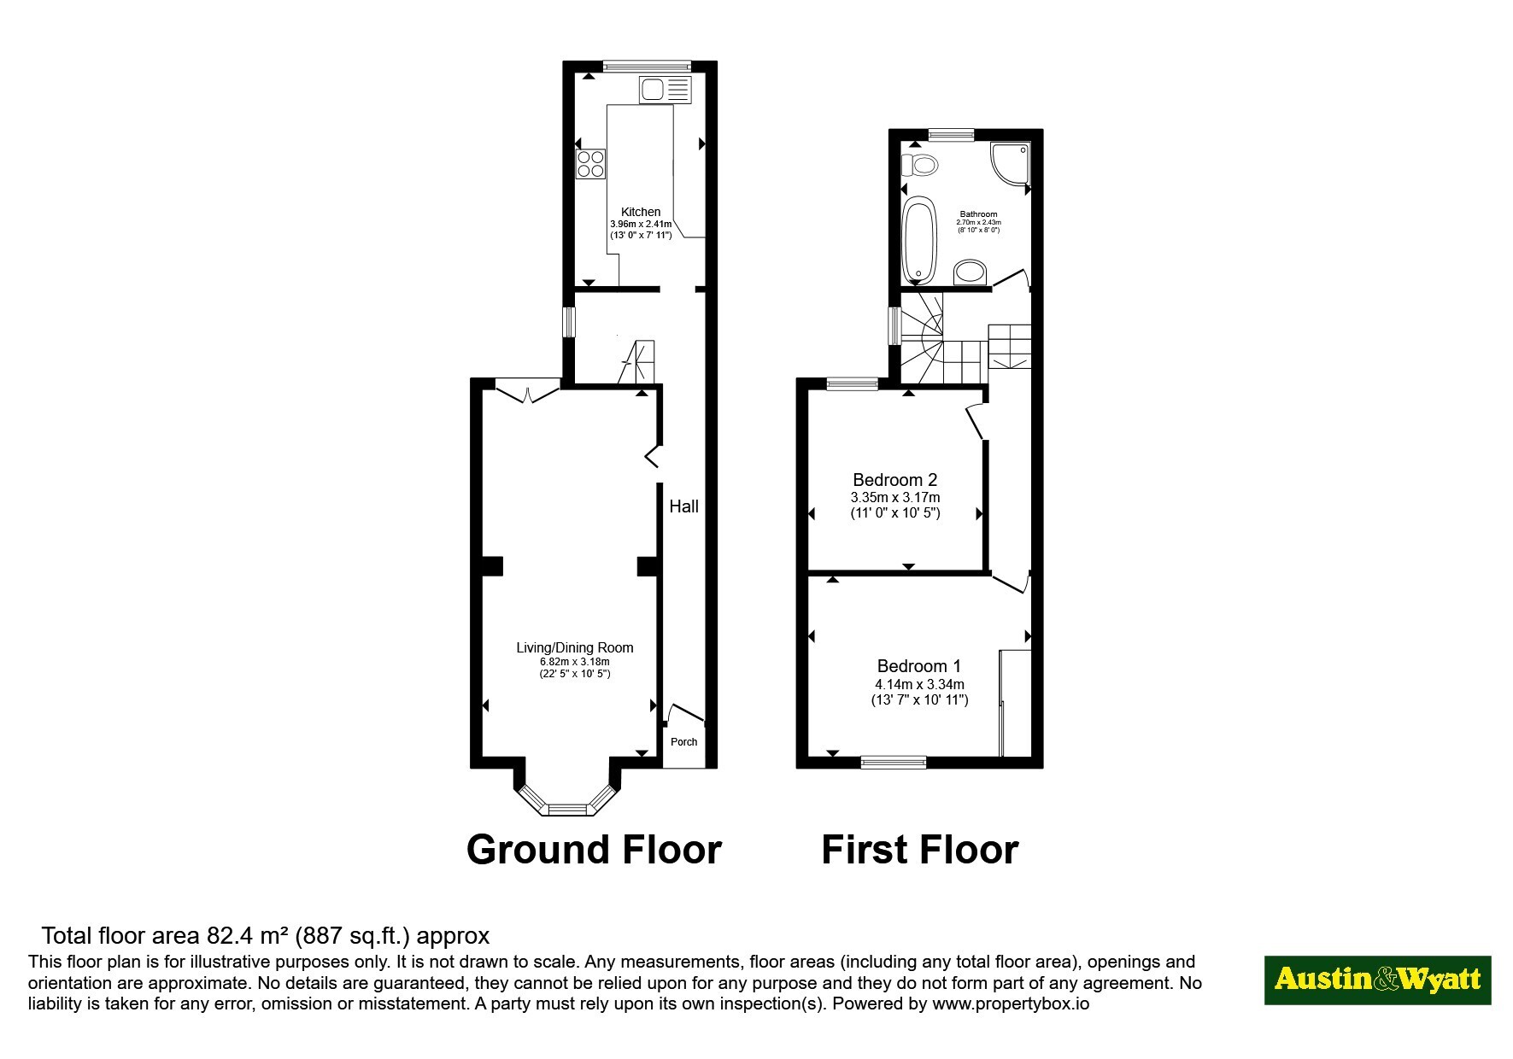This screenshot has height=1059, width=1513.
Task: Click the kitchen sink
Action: coord(665,90)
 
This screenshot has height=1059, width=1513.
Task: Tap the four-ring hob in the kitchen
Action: coord(590,163)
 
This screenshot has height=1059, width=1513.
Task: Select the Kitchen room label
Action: coord(641,212)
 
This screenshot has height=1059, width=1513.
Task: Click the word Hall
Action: coord(683,506)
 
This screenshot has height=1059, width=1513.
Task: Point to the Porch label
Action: coord(683,741)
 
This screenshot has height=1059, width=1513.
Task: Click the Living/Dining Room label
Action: coord(575,647)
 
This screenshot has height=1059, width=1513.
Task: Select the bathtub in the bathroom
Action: coord(919,240)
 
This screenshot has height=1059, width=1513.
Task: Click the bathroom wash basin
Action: coord(970,272)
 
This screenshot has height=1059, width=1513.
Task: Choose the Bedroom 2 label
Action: coord(894,480)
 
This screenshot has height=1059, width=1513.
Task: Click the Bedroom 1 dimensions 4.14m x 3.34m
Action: coord(919,684)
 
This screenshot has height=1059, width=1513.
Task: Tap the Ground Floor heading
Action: coord(594,850)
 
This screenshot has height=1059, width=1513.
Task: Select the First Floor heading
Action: coord(920,850)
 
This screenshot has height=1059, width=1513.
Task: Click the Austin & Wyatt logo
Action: coord(1377,980)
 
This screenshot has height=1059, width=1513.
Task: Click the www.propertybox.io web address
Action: coord(1011,1003)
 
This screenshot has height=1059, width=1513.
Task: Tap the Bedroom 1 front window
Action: coord(893,763)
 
